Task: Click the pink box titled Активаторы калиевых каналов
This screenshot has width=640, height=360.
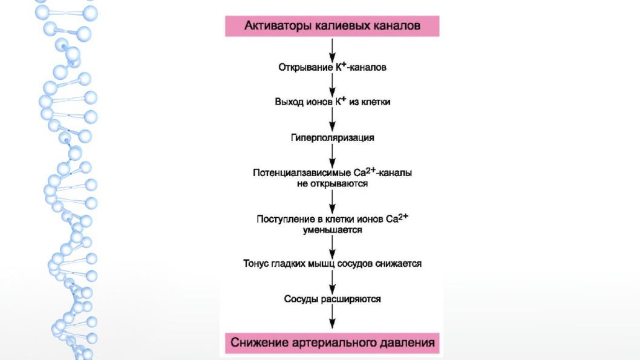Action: pyautogui.click(x=332, y=26)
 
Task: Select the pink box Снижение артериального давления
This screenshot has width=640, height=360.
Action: pyautogui.click(x=332, y=343)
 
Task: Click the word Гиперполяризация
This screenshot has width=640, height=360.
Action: pyautogui.click(x=332, y=138)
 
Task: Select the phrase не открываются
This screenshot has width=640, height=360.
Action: pyautogui.click(x=332, y=184)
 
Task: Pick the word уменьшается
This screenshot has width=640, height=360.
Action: pyautogui.click(x=332, y=230)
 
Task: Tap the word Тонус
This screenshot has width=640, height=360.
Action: pyautogui.click(x=256, y=264)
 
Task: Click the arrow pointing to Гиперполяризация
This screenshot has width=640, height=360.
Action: pyautogui.click(x=332, y=120)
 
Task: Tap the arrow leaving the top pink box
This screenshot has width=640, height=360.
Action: pyautogui.click(x=332, y=50)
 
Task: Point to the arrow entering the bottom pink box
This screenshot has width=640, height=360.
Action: pyautogui.click(x=332, y=316)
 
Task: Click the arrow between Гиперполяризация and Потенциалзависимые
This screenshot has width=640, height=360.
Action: pyautogui.click(x=332, y=155)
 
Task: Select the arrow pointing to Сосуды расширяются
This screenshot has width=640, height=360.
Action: pyautogui.click(x=332, y=281)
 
